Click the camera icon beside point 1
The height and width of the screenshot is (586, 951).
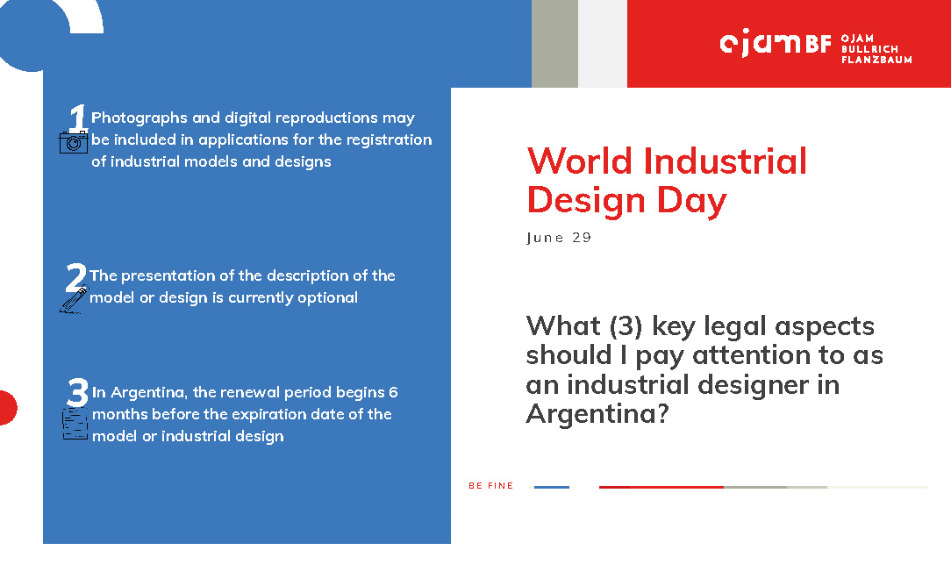[74, 142]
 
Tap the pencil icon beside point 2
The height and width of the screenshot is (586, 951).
[74, 300]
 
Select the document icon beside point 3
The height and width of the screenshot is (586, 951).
[75, 424]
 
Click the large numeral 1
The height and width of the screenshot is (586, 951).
[77, 117]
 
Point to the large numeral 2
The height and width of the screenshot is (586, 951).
[75, 277]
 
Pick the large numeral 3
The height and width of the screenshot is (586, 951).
[77, 392]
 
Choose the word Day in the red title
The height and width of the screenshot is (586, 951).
[691, 201]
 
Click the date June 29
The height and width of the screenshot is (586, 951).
[559, 238]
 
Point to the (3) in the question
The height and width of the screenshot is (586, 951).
[626, 326]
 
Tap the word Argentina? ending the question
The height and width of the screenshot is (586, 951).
[597, 414]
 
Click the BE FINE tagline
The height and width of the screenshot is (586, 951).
[490, 486]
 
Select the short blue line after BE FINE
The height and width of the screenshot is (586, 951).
[551, 487]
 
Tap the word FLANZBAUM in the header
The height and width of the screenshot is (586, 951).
[876, 60]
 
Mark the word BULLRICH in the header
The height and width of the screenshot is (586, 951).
[869, 49]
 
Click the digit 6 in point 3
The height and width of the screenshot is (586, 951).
[393, 392]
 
